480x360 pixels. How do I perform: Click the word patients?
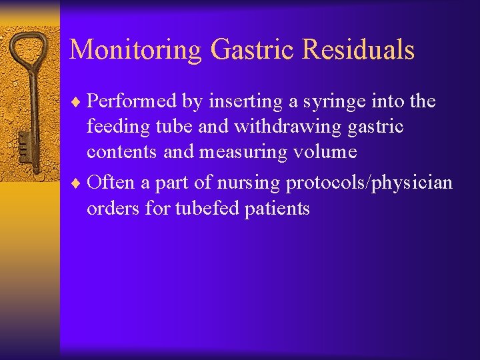pyautogui.click(x=279, y=209)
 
